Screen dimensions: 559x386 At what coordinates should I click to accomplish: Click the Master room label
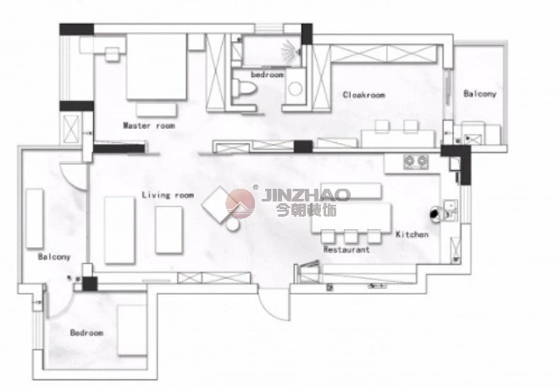149,125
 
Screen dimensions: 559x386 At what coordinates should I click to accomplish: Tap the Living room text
168,195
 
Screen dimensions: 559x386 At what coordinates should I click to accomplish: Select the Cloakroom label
364,95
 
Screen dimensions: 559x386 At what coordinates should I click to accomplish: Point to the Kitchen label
412,234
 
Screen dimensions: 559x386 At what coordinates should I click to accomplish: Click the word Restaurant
346,250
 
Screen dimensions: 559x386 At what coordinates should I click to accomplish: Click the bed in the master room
157,67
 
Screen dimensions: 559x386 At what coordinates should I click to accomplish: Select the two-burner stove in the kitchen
416,162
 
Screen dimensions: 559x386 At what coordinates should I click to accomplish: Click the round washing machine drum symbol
296,89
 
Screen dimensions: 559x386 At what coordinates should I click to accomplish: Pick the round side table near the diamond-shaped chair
232,223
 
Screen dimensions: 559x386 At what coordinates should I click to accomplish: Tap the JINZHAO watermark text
307,195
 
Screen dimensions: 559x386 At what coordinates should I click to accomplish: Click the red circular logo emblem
241,204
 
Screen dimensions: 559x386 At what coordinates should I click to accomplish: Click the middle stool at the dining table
351,237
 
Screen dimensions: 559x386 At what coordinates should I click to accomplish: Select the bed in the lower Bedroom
132,330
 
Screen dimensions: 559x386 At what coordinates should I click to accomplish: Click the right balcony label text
480,94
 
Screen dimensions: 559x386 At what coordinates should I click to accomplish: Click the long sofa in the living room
119,230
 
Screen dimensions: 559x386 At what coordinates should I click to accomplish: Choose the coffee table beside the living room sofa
169,230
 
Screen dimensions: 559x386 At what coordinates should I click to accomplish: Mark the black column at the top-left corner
76,30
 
